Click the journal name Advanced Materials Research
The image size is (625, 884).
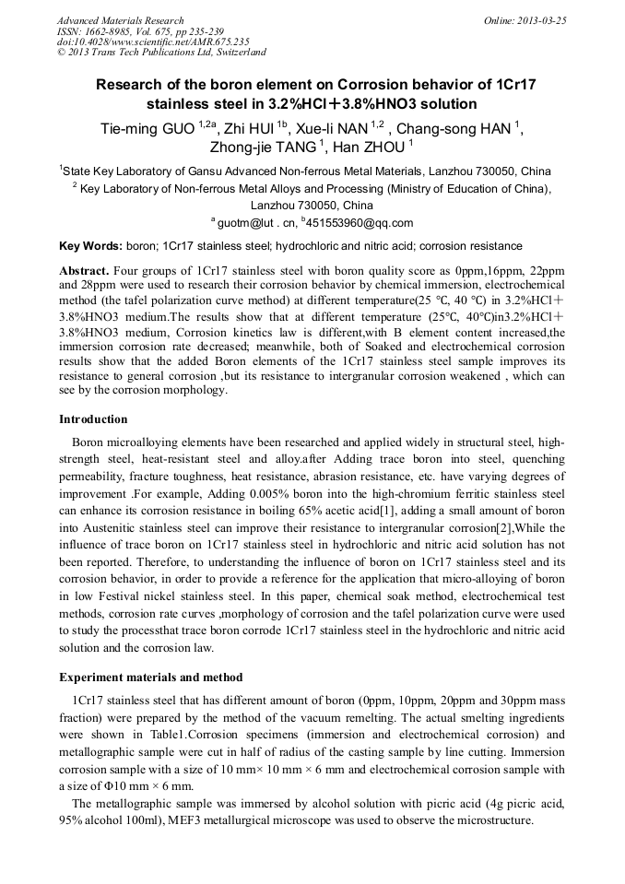click(x=120, y=20)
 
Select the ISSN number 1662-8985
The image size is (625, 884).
click(x=108, y=31)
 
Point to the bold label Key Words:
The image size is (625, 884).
click(x=90, y=246)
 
